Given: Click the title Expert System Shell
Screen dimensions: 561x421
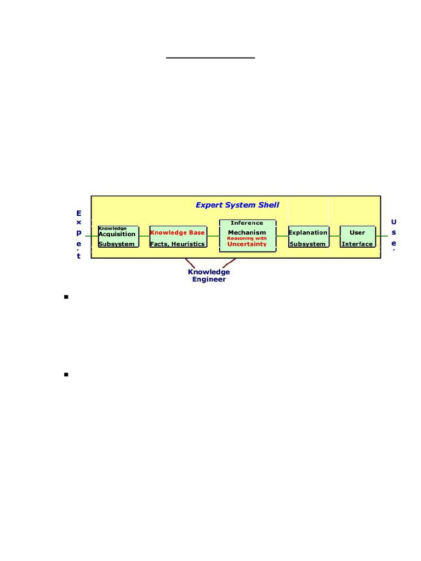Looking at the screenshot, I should click(237, 205).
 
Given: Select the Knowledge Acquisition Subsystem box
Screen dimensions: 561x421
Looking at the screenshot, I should click(118, 237).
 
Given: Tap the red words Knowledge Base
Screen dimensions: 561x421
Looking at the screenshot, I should click(177, 232).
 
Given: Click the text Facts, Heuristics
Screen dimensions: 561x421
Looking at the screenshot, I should click(177, 244).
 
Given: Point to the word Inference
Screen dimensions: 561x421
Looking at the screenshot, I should click(247, 223).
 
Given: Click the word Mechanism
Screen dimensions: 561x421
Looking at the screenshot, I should click(247, 232).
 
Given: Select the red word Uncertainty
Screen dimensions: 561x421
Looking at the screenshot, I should click(247, 244).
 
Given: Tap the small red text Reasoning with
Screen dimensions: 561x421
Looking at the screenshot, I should click(247, 238).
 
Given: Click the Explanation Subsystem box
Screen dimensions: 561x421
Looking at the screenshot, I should click(309, 237).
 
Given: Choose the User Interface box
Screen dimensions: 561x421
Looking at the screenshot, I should click(357, 237).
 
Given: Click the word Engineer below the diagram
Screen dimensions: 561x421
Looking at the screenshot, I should click(209, 279).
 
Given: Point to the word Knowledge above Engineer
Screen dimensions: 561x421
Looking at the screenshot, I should click(209, 272).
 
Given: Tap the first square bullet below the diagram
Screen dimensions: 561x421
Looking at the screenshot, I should click(66, 297).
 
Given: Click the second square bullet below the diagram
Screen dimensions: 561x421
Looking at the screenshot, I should click(66, 375).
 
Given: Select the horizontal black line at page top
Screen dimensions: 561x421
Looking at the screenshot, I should click(211, 57).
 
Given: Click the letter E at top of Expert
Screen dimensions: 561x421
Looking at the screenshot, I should click(79, 213).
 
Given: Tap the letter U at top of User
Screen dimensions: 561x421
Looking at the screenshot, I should click(394, 222).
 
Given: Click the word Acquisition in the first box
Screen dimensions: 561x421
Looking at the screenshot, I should click(117, 234).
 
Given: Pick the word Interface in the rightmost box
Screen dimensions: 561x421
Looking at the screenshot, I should click(357, 244).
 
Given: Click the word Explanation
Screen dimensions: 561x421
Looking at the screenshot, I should click(308, 232).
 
